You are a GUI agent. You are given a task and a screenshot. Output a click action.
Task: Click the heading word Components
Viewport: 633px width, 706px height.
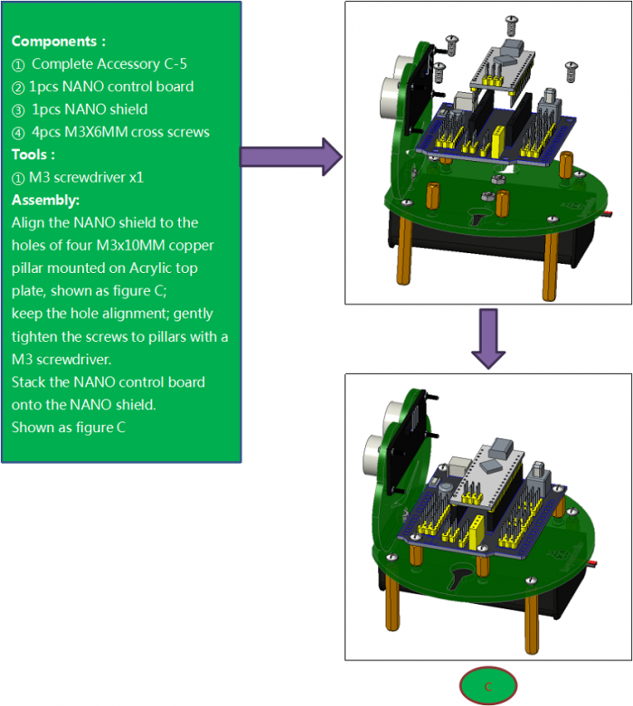coord(56,42)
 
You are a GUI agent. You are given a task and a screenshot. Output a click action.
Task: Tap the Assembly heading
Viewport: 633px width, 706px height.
coord(45,200)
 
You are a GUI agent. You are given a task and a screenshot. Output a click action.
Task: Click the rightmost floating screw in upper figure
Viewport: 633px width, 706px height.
coord(571,67)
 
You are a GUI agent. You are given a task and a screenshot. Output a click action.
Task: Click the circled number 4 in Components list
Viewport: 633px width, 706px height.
coord(19,132)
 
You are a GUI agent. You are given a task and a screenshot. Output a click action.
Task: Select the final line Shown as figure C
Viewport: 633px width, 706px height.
coord(68,427)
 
